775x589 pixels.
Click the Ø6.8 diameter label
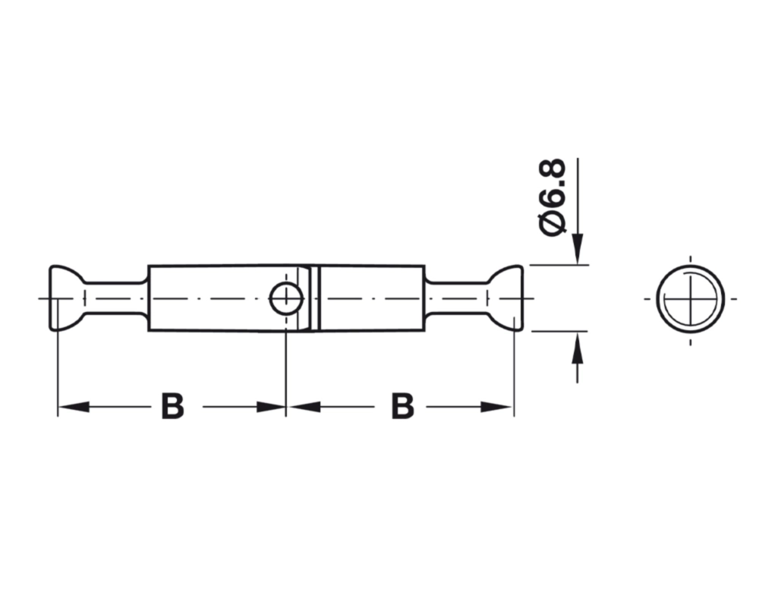pyautogui.click(x=553, y=197)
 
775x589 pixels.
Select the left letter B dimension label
pyautogui.click(x=172, y=407)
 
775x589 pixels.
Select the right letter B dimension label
pyautogui.click(x=402, y=407)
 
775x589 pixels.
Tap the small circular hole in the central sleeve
pyautogui.click(x=286, y=298)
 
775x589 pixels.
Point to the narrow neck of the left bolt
pyautogui.click(x=115, y=298)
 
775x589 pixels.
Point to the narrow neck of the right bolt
pyautogui.click(x=457, y=298)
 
